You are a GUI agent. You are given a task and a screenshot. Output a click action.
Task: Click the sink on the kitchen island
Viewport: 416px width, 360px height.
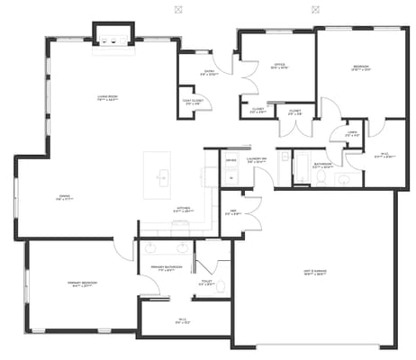pyautogui.click(x=163, y=177)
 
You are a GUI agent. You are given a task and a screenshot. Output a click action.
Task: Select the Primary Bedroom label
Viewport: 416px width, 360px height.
pyautogui.click(x=82, y=283)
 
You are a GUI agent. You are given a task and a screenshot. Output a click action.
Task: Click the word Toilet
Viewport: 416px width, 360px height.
pyautogui.click(x=205, y=283)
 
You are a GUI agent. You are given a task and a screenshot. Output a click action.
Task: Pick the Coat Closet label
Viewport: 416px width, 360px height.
pyautogui.click(x=192, y=102)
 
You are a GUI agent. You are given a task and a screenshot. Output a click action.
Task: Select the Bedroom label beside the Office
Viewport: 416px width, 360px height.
pyautogui.click(x=360, y=67)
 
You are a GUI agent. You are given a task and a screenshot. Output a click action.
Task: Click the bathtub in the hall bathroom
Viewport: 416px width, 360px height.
pyautogui.click(x=303, y=166)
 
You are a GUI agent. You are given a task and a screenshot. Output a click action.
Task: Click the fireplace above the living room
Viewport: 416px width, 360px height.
pyautogui.click(x=113, y=39)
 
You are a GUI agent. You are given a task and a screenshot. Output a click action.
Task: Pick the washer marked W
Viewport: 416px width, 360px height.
pyautogui.click(x=231, y=177)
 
